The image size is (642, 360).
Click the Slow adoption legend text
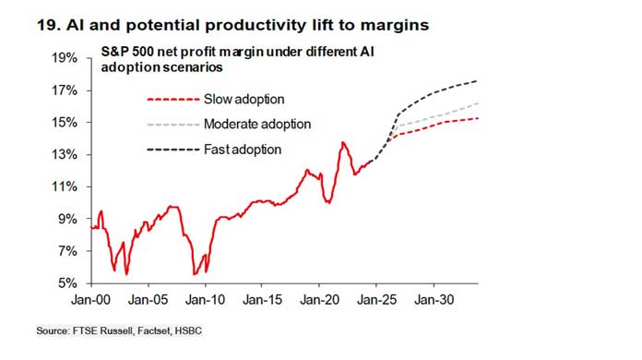pos(244,99)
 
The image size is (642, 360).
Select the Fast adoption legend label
pos(243,149)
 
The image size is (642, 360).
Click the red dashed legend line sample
pos(172,99)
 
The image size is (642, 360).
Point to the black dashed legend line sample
pos(172,149)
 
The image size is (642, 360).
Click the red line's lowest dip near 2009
pos(194,274)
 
